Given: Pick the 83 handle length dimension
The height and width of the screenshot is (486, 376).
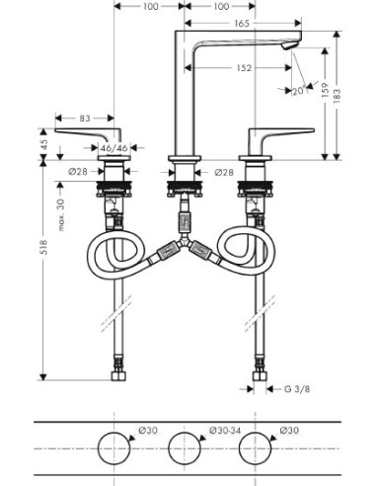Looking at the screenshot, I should point(86,119).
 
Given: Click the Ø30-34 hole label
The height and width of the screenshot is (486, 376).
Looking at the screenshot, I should point(221,429).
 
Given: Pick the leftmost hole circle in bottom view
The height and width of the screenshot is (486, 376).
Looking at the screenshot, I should point(117,446).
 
